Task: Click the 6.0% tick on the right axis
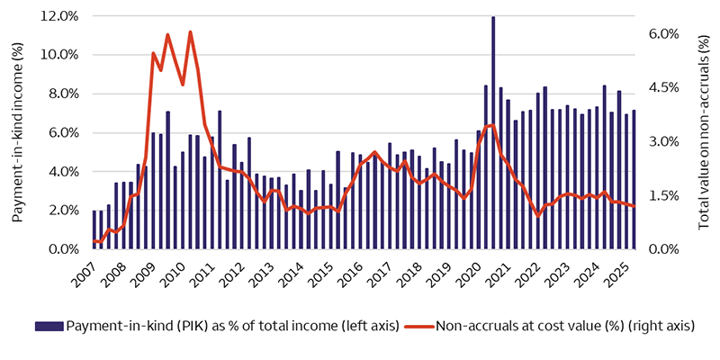tap(663, 33)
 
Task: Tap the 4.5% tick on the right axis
tap(663, 87)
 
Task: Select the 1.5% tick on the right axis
tap(663, 195)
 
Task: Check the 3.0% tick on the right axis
tap(663, 141)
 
